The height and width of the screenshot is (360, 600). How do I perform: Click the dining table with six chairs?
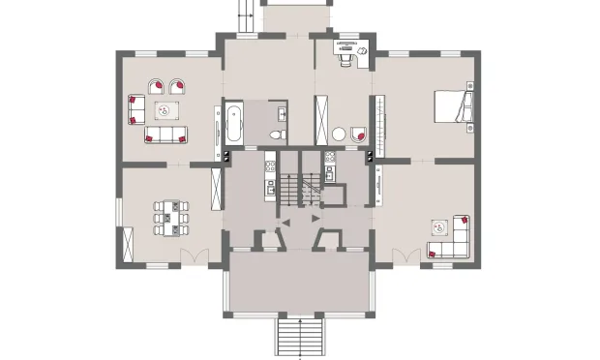pos(170,218)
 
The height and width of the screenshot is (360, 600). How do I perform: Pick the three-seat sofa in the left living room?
pos(165,135)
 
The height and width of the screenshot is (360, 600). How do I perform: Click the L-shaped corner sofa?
pos(455,238)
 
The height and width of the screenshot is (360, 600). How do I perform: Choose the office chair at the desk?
pos(345,55)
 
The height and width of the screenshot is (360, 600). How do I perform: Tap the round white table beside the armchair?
pos(339,135)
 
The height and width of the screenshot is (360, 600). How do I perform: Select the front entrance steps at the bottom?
pos(299,338)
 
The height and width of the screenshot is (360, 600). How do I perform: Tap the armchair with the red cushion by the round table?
pos(358,134)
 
